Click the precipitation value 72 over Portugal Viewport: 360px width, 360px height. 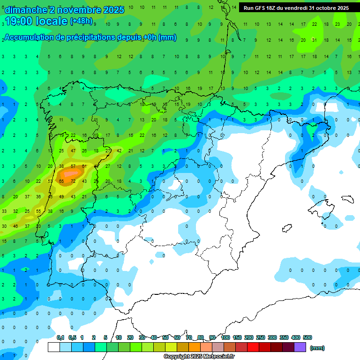(73, 181)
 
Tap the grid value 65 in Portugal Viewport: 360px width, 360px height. (61, 181)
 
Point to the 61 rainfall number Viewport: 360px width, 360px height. (84, 166)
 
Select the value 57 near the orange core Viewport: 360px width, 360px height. (73, 166)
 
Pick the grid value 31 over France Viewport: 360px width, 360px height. (315, 40)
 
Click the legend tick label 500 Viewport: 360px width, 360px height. (307, 337)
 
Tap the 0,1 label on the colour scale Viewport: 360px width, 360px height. (60, 337)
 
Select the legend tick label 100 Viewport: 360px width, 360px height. (225, 337)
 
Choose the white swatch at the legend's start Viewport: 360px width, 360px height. (54, 347)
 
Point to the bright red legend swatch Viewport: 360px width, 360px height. (253, 347)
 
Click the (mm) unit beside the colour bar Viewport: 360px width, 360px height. (317, 348)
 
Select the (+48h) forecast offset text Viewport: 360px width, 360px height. (81, 21)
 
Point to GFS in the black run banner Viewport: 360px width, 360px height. (261, 8)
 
